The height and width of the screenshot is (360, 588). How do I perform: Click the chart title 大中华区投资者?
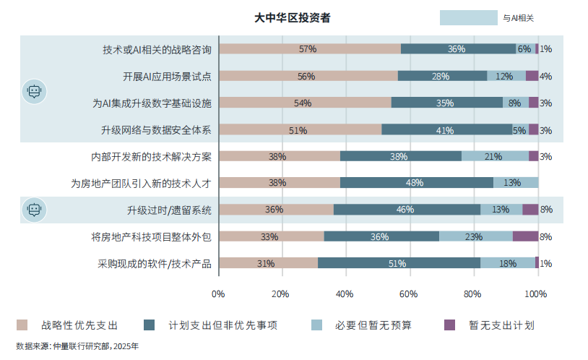click(293, 17)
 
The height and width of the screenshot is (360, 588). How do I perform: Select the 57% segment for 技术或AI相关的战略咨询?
click(309, 49)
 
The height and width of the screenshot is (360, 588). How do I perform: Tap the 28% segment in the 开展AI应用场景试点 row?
click(441, 76)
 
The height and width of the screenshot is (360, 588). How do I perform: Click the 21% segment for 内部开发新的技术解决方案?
click(495, 156)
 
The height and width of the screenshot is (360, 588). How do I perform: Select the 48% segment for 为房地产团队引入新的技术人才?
click(417, 183)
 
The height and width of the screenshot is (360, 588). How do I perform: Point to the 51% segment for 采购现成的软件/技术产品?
click(399, 263)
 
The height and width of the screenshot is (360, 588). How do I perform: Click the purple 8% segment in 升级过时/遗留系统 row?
click(530, 210)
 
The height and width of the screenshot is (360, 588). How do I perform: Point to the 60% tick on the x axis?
click(409, 294)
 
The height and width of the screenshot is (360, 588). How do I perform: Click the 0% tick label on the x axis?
click(218, 294)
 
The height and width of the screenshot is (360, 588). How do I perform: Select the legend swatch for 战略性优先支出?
click(22, 325)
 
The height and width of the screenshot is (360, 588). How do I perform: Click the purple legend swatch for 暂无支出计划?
click(449, 325)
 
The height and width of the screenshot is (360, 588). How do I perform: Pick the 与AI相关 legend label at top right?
click(519, 18)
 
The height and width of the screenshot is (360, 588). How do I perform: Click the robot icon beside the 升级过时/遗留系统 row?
click(33, 210)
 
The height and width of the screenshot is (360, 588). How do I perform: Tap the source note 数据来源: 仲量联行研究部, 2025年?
click(77, 346)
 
